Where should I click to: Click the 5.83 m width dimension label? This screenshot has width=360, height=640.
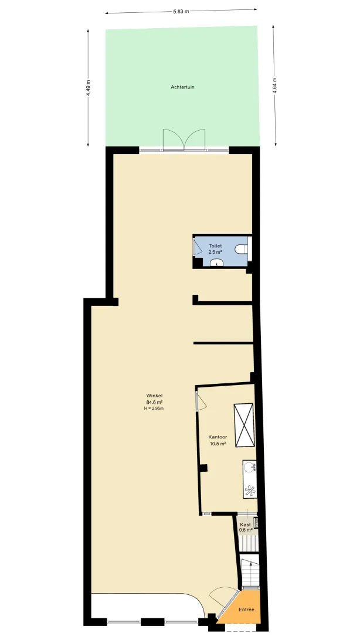(181, 12)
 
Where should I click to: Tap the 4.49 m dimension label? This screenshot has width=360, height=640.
(88, 87)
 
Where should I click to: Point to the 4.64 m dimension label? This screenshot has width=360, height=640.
(274, 86)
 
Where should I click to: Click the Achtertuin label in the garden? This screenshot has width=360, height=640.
(182, 87)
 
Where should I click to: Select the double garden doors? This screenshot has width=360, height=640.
(184, 140)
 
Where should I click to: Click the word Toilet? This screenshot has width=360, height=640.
(215, 246)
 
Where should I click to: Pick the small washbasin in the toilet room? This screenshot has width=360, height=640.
(217, 263)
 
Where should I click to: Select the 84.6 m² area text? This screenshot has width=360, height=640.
(154, 401)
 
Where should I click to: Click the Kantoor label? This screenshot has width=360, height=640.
(218, 437)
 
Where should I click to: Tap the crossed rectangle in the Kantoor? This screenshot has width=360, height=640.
(243, 425)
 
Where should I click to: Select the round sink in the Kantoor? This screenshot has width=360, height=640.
(249, 467)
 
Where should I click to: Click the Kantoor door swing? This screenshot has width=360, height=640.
(201, 399)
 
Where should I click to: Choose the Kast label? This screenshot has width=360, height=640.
(245, 525)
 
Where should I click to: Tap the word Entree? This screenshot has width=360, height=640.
(246, 610)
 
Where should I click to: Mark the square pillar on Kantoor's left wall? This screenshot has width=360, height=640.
(203, 468)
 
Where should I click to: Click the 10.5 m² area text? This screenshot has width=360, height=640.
(218, 444)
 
